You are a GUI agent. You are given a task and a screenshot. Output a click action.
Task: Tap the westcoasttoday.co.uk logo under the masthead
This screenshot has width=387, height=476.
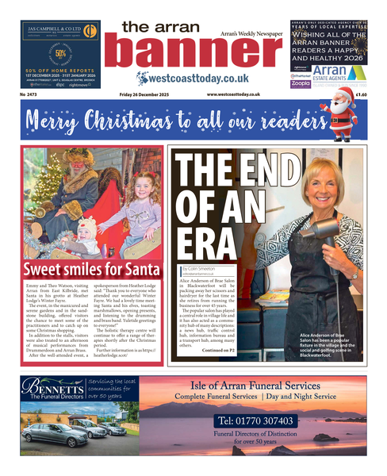pos(193,79)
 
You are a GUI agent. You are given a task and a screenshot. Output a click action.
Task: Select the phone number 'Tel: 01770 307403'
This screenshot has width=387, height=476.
pos(255,421)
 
